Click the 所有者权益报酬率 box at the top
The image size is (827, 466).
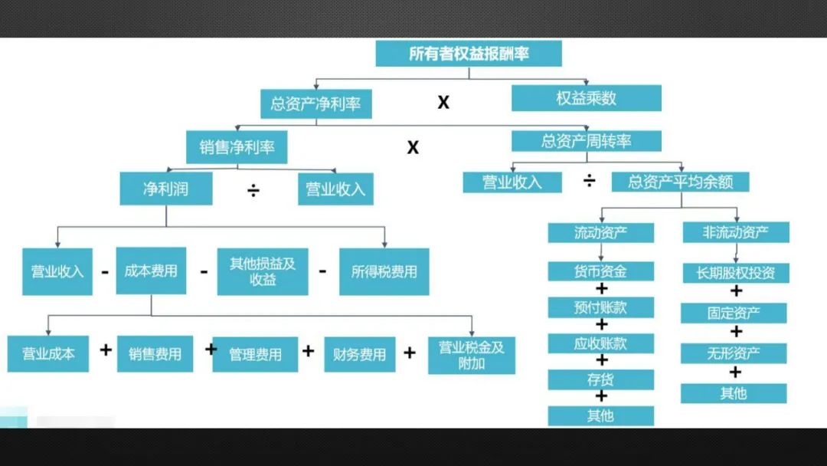coord(469,54)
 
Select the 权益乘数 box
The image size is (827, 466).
coord(586,99)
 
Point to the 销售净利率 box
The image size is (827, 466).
coord(237,147)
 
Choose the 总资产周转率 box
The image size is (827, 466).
coord(587,141)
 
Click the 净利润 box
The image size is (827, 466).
coord(165,189)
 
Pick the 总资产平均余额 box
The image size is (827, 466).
coord(680,182)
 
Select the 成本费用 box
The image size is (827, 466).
coord(151,271)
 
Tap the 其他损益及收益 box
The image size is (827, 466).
coord(263,271)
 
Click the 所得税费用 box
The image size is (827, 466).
coord(384,271)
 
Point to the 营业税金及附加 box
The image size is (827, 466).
coord(472,355)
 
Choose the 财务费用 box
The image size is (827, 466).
coord(359,355)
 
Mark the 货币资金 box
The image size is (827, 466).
coord(600,271)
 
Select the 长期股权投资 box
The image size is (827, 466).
coord(735,273)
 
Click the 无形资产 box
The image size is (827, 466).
coord(734,353)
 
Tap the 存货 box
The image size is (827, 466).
coord(600,379)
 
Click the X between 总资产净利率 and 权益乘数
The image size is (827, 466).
coord(443,102)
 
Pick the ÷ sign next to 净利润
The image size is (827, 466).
coord(253,190)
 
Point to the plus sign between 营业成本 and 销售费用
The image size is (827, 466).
coord(106,350)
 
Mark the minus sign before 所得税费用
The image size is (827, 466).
coord(322,270)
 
